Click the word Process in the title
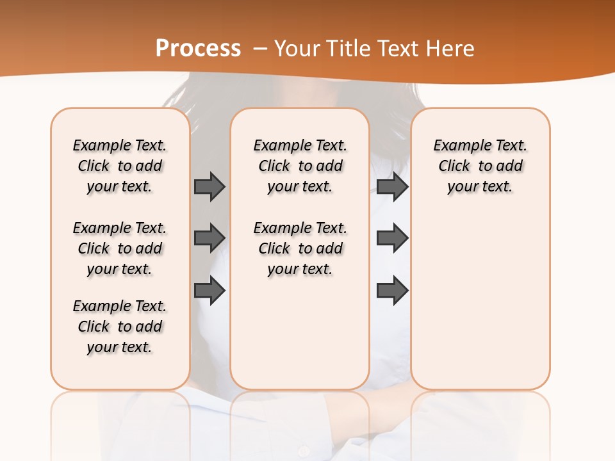[198, 48]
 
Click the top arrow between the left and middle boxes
[209, 186]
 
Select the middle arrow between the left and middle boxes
[209, 238]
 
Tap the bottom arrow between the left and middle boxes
[209, 290]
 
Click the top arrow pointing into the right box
[392, 186]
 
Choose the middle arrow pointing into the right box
[392, 238]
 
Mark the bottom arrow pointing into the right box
[392, 290]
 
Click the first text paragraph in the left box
[120, 166]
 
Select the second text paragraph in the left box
[120, 248]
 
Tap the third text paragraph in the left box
[120, 327]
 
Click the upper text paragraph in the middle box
[300, 166]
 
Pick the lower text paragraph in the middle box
[300, 248]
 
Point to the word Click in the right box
[454, 166]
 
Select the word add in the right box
[510, 166]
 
